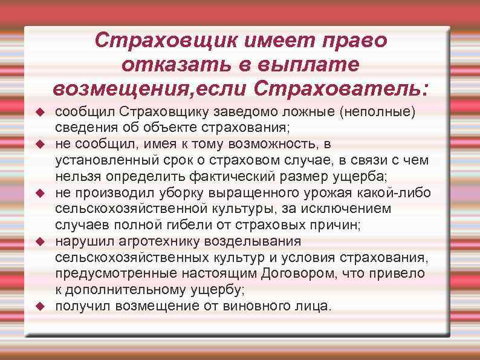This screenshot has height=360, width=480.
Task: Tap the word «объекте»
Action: (167, 128)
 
